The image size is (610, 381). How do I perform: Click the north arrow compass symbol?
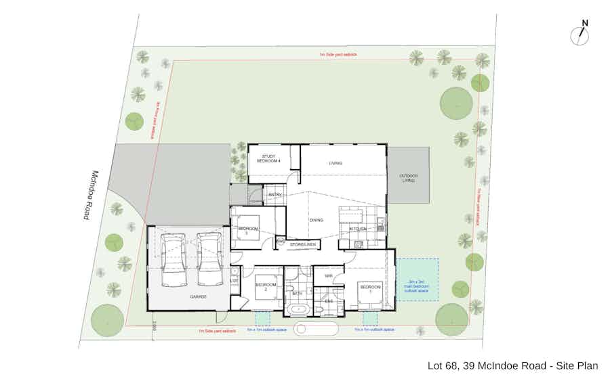[580, 34]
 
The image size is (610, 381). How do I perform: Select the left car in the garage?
[174, 260]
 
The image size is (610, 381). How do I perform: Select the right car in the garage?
[209, 260]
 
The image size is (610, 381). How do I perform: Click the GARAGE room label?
[199, 297]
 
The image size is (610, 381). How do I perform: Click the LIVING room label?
[335, 163]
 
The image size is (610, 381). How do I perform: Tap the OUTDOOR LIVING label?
[408, 178]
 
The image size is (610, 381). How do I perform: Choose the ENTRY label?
[274, 196]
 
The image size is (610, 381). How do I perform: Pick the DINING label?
[316, 220]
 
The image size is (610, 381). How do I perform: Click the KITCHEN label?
[358, 229]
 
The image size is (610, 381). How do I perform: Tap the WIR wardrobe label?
[328, 276]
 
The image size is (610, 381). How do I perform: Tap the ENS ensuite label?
[329, 300]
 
